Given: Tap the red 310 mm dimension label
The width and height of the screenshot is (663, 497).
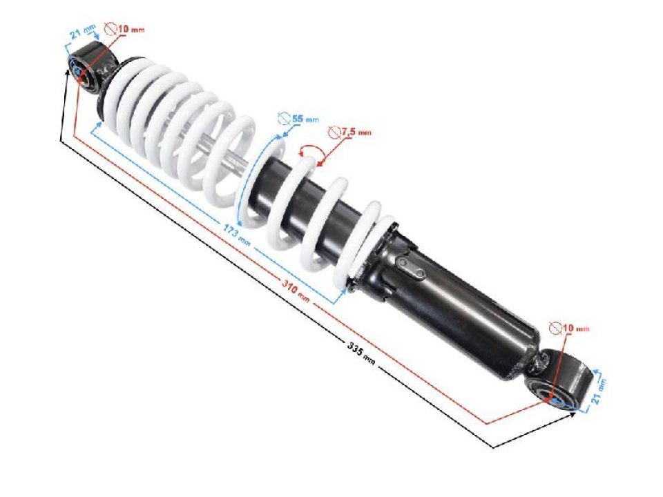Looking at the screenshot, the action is point(296,291).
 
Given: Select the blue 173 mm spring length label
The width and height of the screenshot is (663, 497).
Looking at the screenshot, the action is point(237,234).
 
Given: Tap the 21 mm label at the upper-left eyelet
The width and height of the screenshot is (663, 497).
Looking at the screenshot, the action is point(83,32).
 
